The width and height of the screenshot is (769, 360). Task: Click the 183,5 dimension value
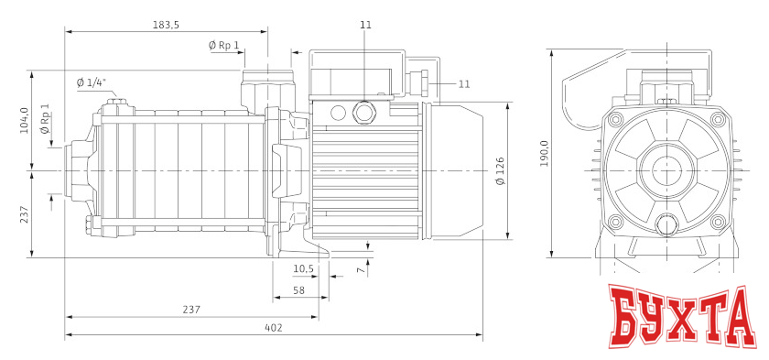pyautogui.click(x=166, y=24)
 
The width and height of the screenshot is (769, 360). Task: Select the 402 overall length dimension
pyautogui.click(x=273, y=327)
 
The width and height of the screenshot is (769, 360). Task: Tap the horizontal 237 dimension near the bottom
pyautogui.click(x=190, y=310)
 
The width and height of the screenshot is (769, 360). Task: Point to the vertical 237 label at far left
pyautogui.click(x=25, y=213)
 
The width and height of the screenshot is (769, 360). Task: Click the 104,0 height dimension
pyautogui.click(x=25, y=120)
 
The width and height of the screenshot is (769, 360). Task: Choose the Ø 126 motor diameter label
pyautogui.click(x=500, y=170)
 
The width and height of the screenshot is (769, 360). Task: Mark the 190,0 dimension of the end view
pyautogui.click(x=544, y=154)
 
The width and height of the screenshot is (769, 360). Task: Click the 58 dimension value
pyautogui.click(x=298, y=290)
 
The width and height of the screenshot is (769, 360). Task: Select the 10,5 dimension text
pyautogui.click(x=303, y=268)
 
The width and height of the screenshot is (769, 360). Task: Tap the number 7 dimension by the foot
pyautogui.click(x=360, y=269)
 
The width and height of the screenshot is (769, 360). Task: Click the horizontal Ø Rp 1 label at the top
pyautogui.click(x=223, y=45)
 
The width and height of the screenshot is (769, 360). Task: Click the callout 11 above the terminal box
pyautogui.click(x=366, y=25)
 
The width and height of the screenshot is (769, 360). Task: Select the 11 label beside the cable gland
pyautogui.click(x=464, y=83)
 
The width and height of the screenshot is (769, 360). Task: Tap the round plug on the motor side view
pyautogui.click(x=365, y=113)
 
